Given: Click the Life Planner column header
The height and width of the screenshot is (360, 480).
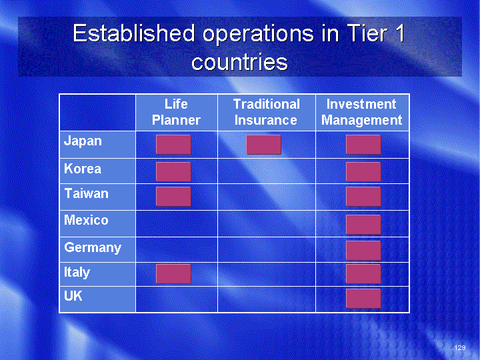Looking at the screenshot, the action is [176, 112].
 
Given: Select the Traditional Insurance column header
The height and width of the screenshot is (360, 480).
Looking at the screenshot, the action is [266, 112].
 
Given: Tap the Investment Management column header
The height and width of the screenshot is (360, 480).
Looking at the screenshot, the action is [361, 113].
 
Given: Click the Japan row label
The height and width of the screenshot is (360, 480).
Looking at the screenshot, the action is [83, 141].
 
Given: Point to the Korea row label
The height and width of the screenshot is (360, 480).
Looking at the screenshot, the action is [83, 169].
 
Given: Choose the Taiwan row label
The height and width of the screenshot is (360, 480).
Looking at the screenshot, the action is [86, 193].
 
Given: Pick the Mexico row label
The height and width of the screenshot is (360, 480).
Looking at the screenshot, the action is [86, 220].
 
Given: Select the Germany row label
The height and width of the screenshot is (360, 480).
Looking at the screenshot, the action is [93, 247].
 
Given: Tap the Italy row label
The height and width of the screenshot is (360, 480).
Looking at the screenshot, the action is [77, 272].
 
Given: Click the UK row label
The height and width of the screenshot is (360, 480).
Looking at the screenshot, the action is [73, 296].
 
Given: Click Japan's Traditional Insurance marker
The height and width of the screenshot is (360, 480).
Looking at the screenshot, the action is [263, 145].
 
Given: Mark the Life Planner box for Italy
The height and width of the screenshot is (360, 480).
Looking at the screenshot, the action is [173, 274].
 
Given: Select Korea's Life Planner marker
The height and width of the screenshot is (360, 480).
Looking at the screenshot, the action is [173, 172].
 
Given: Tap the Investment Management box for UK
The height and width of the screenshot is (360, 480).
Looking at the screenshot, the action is [364, 299].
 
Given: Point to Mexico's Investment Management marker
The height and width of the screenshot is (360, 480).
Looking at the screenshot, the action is [364, 225].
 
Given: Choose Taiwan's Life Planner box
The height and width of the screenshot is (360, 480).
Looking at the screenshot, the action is [173, 197].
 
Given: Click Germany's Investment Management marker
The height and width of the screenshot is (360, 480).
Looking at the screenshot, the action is [364, 251].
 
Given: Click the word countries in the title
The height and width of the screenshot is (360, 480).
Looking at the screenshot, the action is [240, 62].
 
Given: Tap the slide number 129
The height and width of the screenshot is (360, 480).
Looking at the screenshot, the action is [460, 347].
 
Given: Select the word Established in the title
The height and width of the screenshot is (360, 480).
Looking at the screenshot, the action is [134, 33].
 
